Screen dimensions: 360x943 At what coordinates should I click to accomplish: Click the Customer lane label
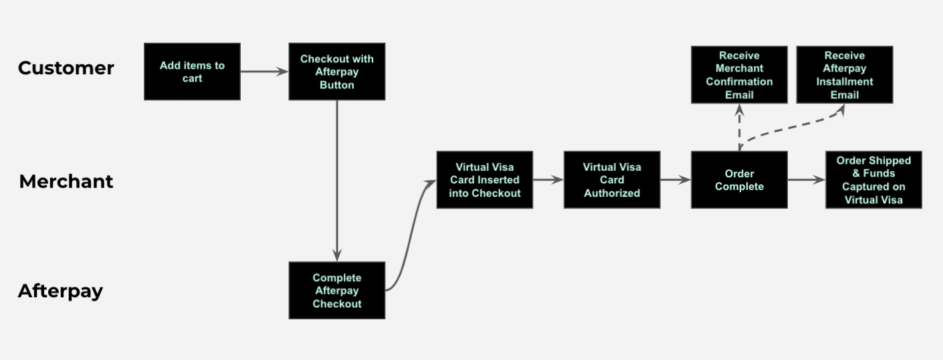pos(66,68)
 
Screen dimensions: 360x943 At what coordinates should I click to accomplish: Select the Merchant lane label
pos(66,181)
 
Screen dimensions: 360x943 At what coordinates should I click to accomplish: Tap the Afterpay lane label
pos(60,291)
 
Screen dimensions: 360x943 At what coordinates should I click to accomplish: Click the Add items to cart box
pos(192,72)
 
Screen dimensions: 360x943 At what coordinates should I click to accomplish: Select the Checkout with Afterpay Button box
pos(336,72)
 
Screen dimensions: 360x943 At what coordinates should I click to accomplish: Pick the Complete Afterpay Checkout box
pos(336,290)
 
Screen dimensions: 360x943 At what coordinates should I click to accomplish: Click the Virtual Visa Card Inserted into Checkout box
pos(484,180)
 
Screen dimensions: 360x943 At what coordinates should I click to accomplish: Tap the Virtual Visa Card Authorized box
pos(611,180)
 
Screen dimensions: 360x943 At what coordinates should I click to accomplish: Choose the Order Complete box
pos(739,180)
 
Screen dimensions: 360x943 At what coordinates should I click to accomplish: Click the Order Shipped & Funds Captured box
pos(873,180)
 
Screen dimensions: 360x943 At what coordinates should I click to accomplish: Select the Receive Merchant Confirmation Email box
pos(739,75)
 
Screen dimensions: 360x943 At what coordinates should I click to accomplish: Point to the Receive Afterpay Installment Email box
pos(844,75)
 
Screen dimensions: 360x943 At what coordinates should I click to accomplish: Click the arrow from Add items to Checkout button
pos(264,72)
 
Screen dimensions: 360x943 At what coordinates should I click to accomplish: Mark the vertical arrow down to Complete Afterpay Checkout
pos(336,181)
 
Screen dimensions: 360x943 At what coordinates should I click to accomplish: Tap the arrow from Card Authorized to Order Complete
pos(675,180)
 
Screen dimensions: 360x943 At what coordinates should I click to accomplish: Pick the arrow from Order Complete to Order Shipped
pos(806,180)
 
